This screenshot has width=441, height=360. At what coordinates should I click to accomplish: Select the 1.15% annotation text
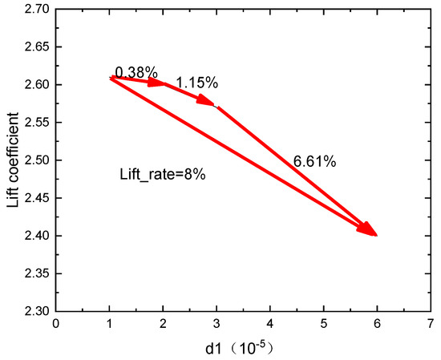tap(196, 83)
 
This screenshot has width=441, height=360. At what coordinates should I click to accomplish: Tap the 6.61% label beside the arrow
tap(314, 161)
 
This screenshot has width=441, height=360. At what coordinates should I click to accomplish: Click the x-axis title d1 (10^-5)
tap(242, 350)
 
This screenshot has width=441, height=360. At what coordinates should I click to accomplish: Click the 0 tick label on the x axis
tap(55, 324)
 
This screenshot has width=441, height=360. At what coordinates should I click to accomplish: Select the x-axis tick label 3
tap(216, 324)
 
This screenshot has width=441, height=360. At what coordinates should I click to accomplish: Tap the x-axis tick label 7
tap(431, 324)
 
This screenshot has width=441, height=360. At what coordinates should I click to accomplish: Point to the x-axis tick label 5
tap(324, 324)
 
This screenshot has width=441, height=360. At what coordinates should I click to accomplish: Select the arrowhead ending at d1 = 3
tap(210, 103)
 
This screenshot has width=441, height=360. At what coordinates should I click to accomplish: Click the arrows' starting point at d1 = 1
tap(110, 77)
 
